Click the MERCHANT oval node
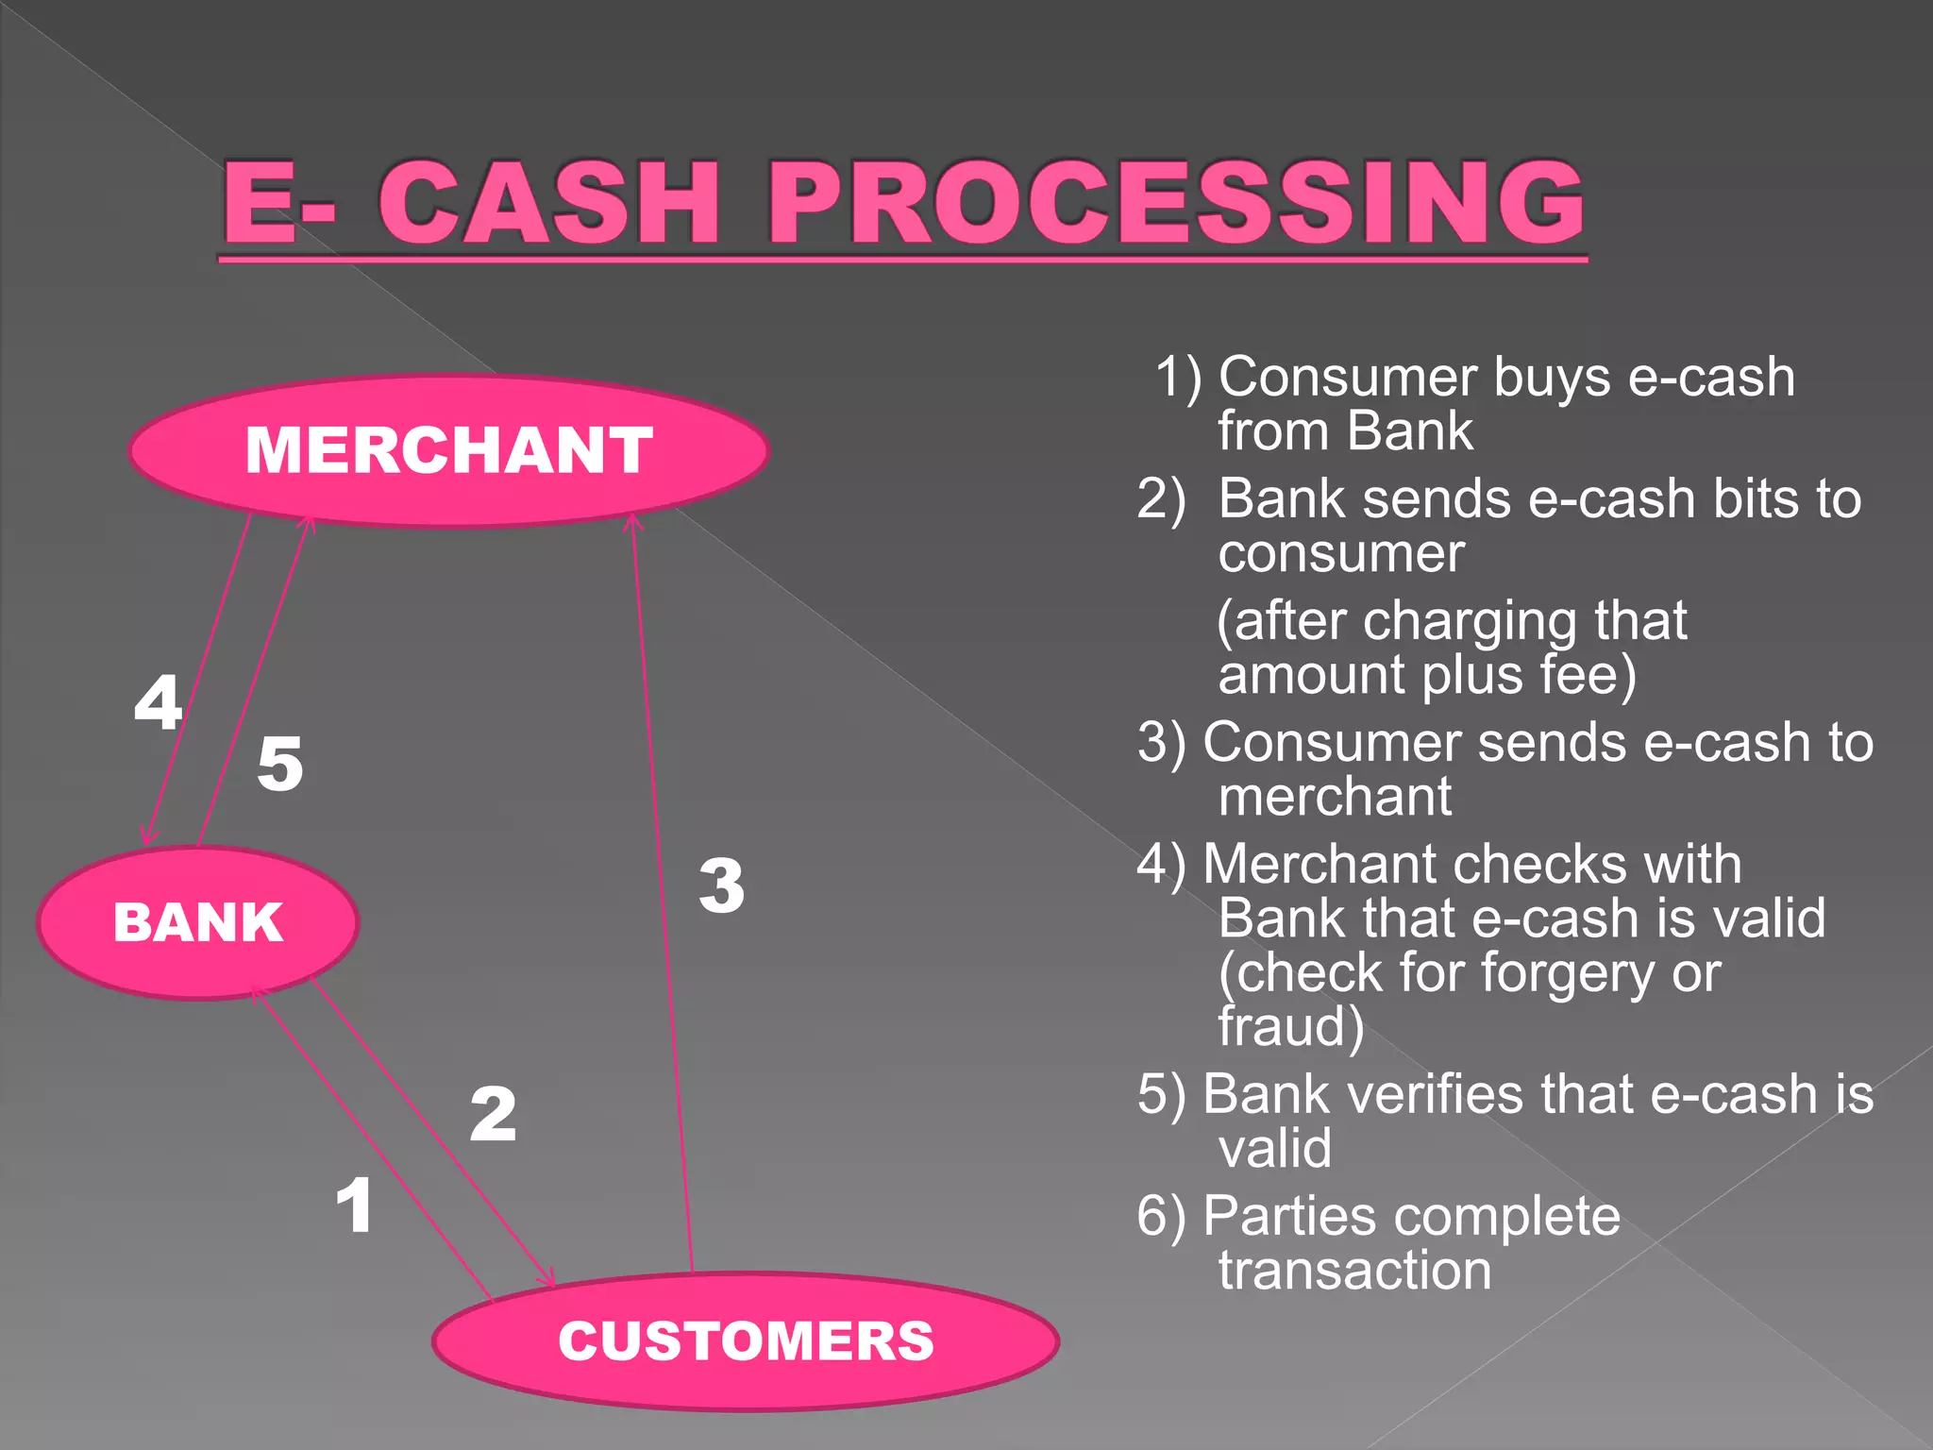pos(449,450)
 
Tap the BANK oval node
pos(198,922)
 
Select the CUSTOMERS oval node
pos(746,1340)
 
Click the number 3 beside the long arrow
pos(722,885)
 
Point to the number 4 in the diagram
pos(158,701)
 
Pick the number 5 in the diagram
pos(280,763)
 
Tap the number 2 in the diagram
pos(494,1114)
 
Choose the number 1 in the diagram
pos(355,1206)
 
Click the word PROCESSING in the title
pos(1175,202)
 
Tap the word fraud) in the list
pos(1290,1027)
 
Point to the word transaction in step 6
pos(1354,1270)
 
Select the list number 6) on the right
pos(1161,1216)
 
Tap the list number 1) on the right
pos(1179,377)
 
